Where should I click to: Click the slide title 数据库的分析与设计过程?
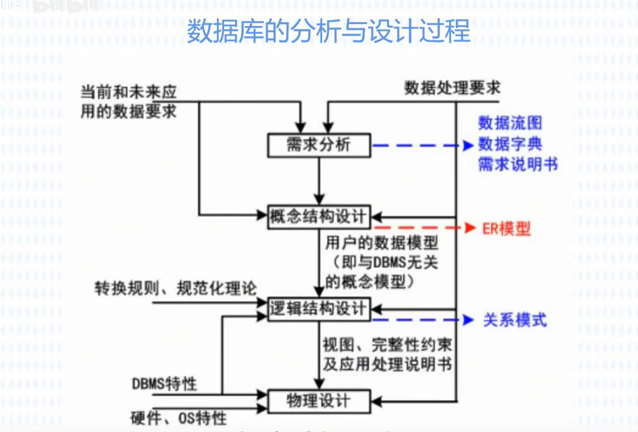pyautogui.click(x=328, y=32)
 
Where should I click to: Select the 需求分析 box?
pyautogui.click(x=319, y=145)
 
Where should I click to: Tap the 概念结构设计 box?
pyautogui.click(x=319, y=216)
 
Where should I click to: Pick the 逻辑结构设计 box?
pyautogui.click(x=319, y=309)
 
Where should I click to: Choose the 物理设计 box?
pyautogui.click(x=319, y=401)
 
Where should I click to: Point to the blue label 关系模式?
pyautogui.click(x=515, y=320)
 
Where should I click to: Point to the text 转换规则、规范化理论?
pyautogui.click(x=175, y=288)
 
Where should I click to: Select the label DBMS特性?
pyautogui.click(x=164, y=384)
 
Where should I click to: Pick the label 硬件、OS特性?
pyautogui.click(x=179, y=418)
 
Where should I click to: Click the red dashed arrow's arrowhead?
pyautogui.click(x=469, y=228)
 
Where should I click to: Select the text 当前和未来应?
pyautogui.click(x=129, y=91)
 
